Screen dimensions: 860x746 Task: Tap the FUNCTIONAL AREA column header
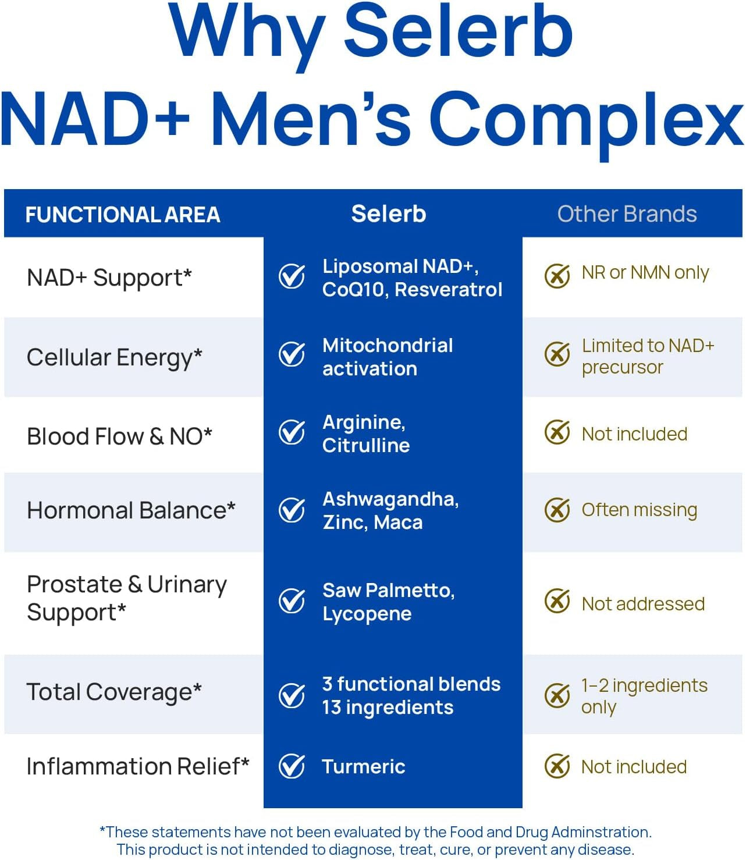(123, 215)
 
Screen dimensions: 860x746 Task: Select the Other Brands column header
(627, 214)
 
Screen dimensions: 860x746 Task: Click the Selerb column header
(389, 214)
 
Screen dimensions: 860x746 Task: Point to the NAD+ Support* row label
(109, 278)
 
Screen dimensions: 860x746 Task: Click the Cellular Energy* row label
(115, 357)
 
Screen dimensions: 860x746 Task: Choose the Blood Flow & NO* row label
(119, 436)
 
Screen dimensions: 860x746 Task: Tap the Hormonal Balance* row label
(131, 510)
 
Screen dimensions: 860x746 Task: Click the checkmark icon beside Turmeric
(292, 766)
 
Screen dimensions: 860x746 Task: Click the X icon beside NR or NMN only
(557, 275)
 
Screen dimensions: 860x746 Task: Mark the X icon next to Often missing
(557, 510)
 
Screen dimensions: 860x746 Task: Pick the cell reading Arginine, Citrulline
(366, 433)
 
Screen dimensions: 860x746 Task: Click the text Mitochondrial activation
(388, 357)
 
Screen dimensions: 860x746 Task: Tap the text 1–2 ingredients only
(644, 696)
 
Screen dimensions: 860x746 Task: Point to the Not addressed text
(643, 604)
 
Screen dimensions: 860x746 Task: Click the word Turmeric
(364, 766)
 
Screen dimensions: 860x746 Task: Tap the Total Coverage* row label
(114, 692)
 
